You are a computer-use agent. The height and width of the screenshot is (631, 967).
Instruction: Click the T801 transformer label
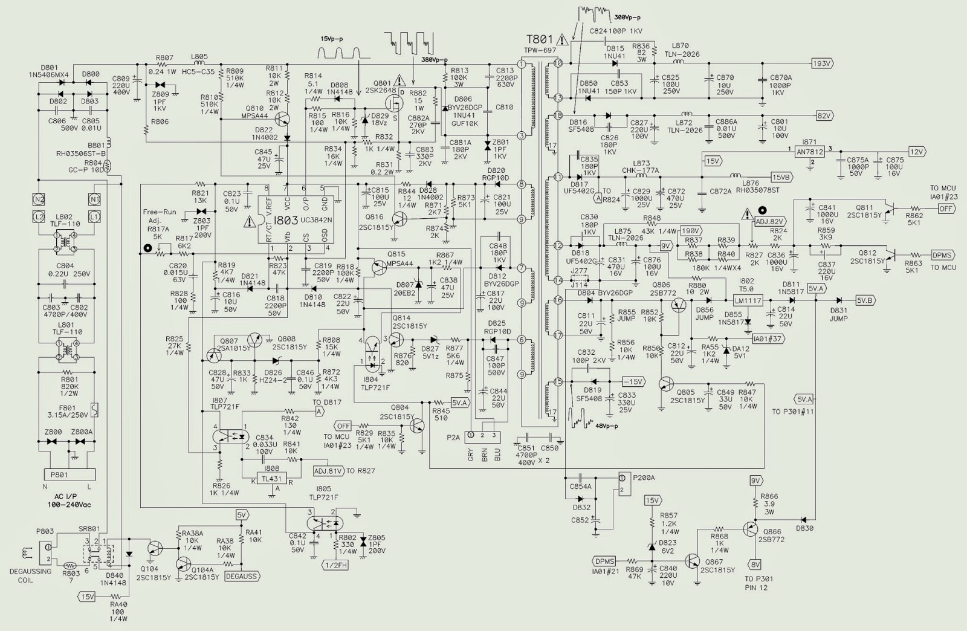[x=539, y=39]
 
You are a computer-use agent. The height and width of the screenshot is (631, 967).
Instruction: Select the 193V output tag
[x=822, y=63]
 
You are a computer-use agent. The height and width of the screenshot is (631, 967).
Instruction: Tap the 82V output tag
[x=823, y=115]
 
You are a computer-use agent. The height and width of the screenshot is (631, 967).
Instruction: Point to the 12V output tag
[x=916, y=152]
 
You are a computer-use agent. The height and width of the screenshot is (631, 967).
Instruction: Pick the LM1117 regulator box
[x=748, y=300]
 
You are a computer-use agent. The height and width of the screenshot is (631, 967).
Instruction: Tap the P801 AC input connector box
[x=59, y=474]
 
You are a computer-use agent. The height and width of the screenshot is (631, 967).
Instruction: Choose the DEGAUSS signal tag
[x=242, y=577]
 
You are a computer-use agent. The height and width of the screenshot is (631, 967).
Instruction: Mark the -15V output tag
[x=632, y=382]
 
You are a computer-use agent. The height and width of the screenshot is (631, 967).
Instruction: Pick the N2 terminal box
[x=39, y=199]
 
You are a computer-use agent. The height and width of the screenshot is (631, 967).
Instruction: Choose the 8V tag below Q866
[x=755, y=565]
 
